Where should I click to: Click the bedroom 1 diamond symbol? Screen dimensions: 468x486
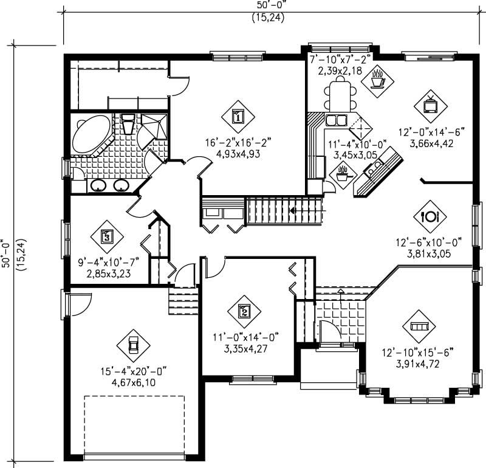238,115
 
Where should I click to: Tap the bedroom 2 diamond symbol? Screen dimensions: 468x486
244,312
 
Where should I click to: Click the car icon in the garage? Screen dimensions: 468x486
133,345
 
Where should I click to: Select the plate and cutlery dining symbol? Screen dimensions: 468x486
430,216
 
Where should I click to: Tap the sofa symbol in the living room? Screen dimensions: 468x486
419,326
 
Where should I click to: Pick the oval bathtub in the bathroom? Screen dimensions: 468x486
91,134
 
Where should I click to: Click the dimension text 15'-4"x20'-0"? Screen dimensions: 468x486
133,371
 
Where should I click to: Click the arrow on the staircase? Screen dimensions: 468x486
294,211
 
